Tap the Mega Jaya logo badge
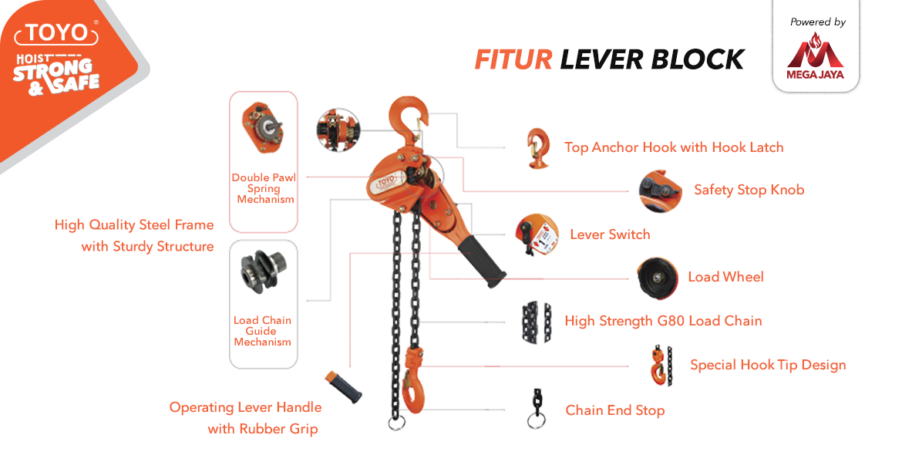pos(815,57)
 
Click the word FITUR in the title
pos(513,59)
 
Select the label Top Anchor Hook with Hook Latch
pos(673,147)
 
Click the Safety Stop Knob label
pos(749,190)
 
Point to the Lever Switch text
pos(610,234)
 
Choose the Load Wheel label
pos(725,277)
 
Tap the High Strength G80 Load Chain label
pos(663,321)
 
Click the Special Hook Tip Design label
pos(767,365)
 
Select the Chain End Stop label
pos(614,410)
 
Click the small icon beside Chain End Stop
pos(535,409)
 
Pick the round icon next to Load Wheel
pos(657,278)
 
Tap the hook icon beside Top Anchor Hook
pos(537,147)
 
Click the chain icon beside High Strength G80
pos(536,321)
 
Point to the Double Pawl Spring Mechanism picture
pos(263,127)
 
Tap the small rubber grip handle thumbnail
pos(344,388)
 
